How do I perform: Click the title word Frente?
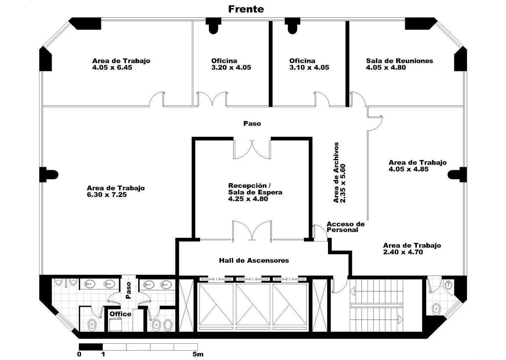246,9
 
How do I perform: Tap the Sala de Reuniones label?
399,61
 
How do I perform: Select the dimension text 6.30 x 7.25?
107,195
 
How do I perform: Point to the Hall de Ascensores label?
254,260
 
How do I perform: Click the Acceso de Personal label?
346,227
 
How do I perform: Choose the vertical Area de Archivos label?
336,172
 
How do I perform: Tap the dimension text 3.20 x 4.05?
231,67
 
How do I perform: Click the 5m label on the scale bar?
198,354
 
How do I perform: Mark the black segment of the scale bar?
91,347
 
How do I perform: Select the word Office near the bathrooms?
121,314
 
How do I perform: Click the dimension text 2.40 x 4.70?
403,252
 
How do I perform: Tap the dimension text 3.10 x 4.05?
309,67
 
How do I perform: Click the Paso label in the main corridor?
252,124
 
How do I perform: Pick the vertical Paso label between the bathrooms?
128,290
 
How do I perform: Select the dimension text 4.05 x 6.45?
112,67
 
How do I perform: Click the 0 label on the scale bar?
79,354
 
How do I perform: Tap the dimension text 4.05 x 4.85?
408,169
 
